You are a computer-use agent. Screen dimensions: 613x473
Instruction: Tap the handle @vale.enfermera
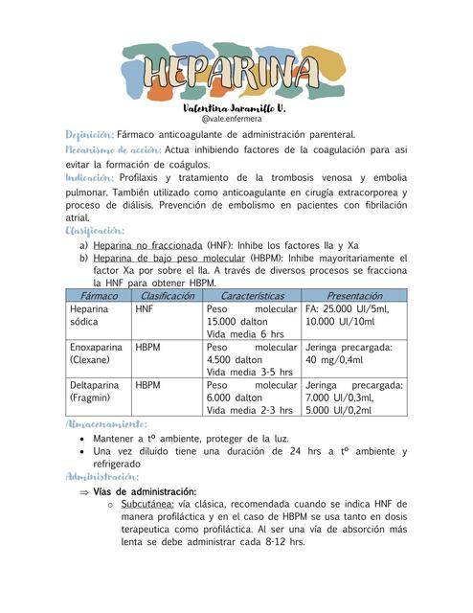pos(235,120)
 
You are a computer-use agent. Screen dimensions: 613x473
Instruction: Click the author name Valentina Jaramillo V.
pos(235,109)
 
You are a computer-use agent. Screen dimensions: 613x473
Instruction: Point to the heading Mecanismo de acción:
pos(112,149)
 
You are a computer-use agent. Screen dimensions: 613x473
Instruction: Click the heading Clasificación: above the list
pos(95,231)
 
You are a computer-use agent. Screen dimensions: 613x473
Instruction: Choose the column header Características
pos(252,296)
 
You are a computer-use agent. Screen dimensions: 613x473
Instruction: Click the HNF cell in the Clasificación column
pos(145,309)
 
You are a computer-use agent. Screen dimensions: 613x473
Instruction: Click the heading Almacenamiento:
pos(105,423)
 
